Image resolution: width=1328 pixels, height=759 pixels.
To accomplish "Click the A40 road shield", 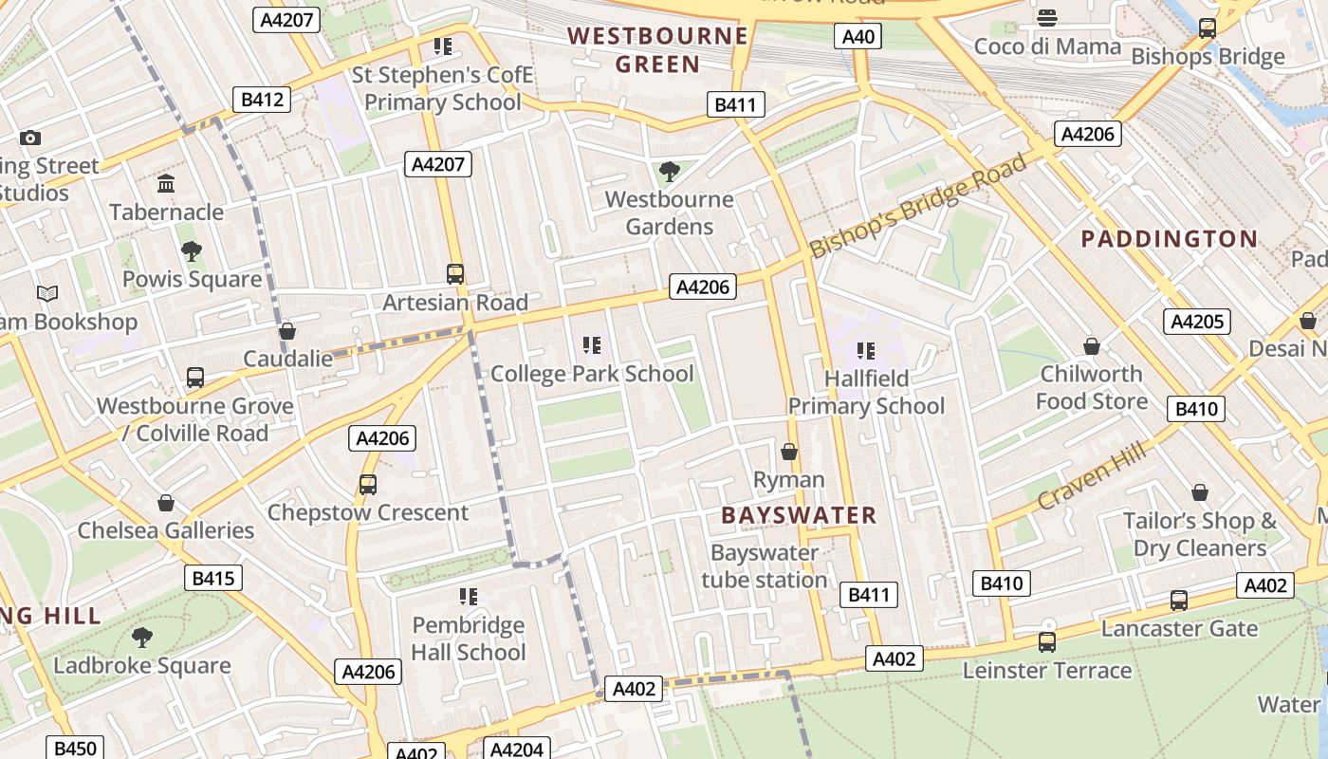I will click(858, 37).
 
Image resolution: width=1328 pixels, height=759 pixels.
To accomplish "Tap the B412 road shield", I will click(262, 100).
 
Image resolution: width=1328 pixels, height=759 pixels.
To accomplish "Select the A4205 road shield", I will click(1197, 322).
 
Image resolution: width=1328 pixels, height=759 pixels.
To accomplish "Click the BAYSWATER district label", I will click(799, 515).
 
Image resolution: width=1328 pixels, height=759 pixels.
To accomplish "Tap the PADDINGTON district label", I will click(1170, 239).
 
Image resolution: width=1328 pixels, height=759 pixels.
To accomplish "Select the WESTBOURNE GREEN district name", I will click(658, 50).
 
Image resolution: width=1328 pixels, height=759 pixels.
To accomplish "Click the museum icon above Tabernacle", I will click(166, 183).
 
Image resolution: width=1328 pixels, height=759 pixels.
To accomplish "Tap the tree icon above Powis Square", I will click(192, 251).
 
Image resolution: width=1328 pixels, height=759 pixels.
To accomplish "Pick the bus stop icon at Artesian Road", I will click(455, 274).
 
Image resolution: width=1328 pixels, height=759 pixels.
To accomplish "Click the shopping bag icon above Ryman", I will click(788, 452).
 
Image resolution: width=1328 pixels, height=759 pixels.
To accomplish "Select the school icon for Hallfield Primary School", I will click(865, 351).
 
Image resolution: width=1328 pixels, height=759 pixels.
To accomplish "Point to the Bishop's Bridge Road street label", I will click(917, 206).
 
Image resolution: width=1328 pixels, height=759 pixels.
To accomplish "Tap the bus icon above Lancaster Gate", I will click(1178, 600).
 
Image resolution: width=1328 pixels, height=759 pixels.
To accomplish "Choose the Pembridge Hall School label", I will click(468, 639).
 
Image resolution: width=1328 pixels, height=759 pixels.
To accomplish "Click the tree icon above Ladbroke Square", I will click(142, 637).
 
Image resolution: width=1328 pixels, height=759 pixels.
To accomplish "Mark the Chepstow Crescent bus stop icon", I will click(368, 485).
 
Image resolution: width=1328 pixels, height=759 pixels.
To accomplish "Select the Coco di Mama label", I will click(1047, 46).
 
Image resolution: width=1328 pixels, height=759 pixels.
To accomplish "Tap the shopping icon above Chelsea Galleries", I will click(166, 502).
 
